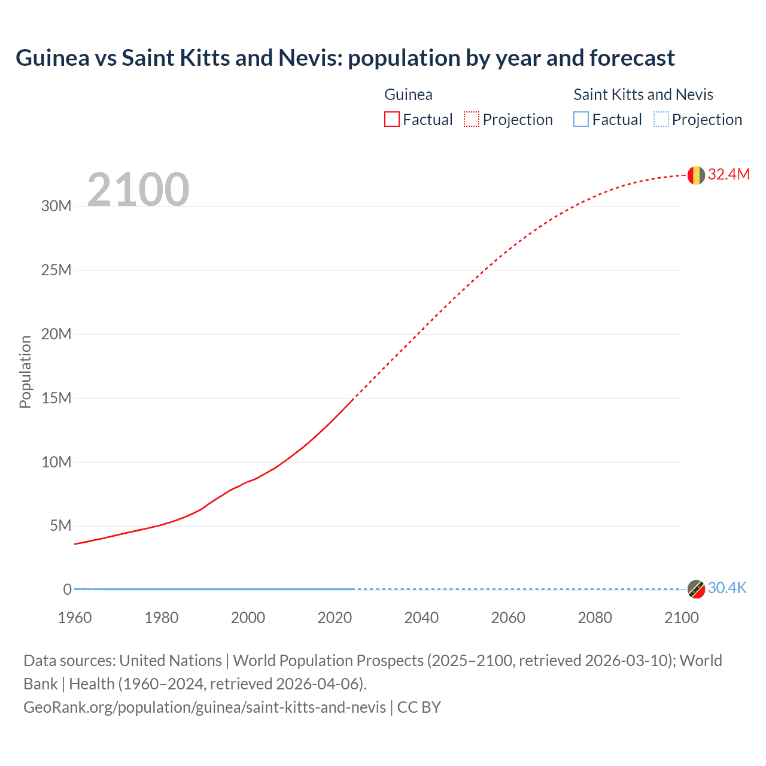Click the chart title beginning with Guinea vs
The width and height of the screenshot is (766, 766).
point(345,58)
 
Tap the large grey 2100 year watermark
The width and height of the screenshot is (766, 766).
point(138,190)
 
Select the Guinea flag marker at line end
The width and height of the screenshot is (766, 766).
point(696,175)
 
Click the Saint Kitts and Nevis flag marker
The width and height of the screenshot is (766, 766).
point(696,589)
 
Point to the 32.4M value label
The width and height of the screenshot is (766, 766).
point(728,174)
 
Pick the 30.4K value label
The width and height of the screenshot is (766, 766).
point(727,588)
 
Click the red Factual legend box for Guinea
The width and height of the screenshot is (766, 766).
point(392,120)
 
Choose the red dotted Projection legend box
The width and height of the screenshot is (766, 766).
point(472,120)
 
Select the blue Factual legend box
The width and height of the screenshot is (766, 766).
point(581,120)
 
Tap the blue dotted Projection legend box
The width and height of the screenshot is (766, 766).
point(661,120)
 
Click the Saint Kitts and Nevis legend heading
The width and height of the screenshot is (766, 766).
point(643,95)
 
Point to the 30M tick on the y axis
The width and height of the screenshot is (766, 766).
point(56,206)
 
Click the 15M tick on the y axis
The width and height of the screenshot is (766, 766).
point(56,398)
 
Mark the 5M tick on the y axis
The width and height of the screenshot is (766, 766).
point(60,525)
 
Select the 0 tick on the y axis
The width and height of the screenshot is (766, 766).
point(67,589)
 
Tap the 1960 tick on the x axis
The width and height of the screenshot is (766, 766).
point(75,618)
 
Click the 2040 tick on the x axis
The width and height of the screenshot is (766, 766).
point(421,618)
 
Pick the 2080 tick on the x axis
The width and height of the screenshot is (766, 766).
point(595,618)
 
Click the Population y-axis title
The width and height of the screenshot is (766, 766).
point(25,372)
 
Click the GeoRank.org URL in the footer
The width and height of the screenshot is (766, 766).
point(205,707)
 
